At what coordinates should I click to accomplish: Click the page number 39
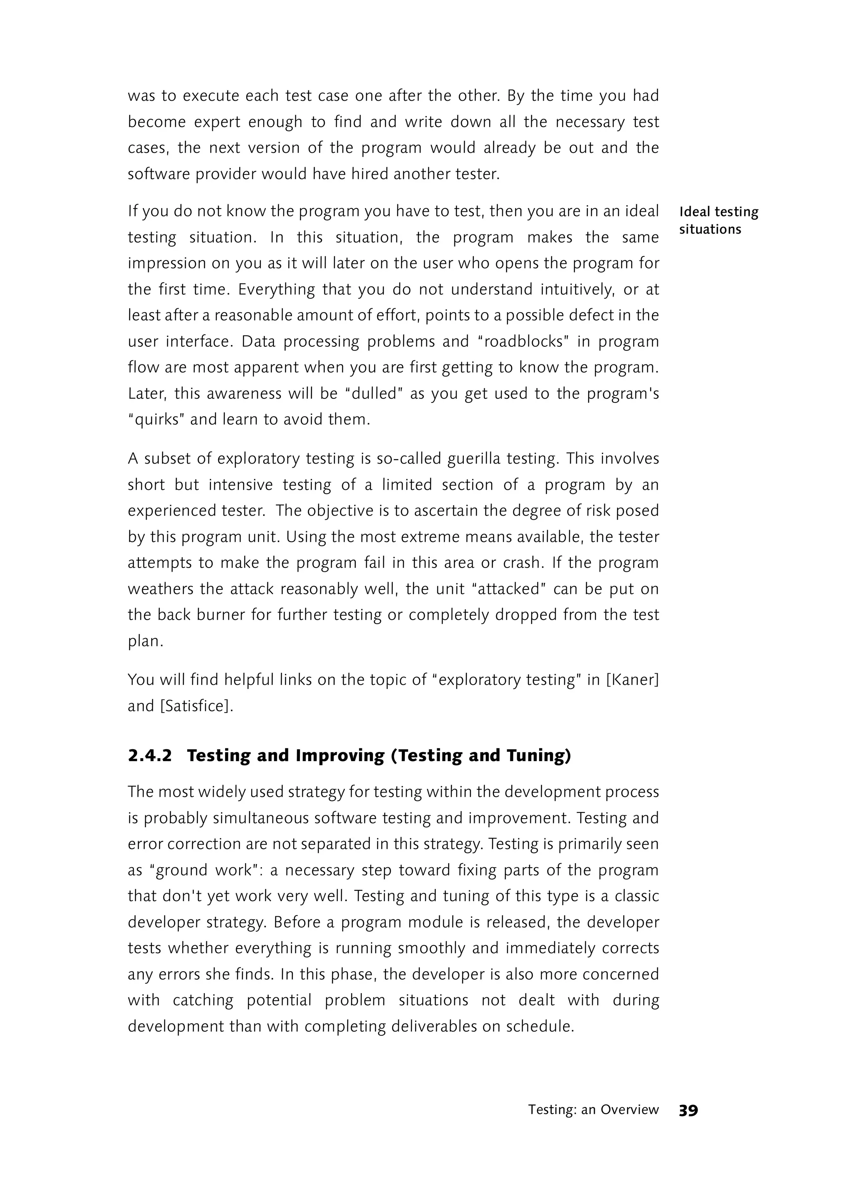pyautogui.click(x=688, y=1110)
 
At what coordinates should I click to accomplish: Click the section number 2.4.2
pyautogui.click(x=150, y=755)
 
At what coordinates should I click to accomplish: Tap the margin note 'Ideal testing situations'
pyautogui.click(x=718, y=220)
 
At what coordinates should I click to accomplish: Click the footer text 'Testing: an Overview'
pyautogui.click(x=593, y=1110)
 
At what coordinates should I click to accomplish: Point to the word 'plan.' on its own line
pyautogui.click(x=145, y=641)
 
